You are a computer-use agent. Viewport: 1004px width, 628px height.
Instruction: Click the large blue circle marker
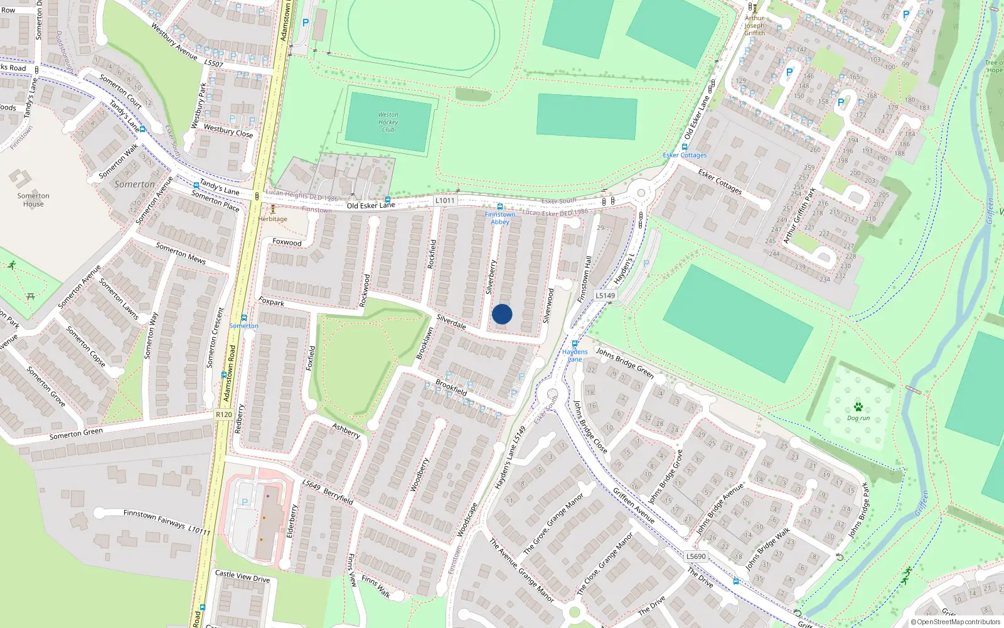click(502, 314)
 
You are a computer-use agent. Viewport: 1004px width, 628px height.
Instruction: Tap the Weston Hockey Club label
click(388, 122)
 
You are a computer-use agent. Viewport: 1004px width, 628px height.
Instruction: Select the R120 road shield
click(223, 414)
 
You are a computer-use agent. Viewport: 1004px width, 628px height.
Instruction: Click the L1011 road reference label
click(444, 200)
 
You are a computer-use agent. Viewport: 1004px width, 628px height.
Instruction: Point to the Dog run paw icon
click(858, 407)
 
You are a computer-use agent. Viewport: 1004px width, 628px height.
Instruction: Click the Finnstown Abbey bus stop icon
click(500, 207)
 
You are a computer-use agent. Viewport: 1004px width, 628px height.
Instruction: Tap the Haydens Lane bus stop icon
click(575, 344)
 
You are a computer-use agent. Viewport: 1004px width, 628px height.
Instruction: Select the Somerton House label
click(33, 200)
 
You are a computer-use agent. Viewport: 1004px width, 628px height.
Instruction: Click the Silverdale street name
click(451, 322)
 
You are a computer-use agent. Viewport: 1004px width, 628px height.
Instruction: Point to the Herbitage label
click(272, 219)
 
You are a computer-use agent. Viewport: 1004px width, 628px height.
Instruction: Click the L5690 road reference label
click(696, 556)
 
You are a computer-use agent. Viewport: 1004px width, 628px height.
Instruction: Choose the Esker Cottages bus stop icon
click(685, 147)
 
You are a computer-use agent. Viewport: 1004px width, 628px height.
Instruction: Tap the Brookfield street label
click(451, 386)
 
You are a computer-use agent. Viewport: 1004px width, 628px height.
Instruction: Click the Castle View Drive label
click(242, 576)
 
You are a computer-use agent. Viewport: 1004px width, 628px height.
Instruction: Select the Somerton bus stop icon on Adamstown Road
click(244, 318)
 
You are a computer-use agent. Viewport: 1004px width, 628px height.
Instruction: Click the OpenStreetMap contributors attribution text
click(956, 622)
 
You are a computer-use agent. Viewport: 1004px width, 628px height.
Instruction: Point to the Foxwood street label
click(287, 242)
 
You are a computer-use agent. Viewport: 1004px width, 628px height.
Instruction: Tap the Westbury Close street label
click(228, 131)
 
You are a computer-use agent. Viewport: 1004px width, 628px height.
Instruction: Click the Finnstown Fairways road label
click(154, 518)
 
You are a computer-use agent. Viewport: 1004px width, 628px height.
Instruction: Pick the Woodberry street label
click(419, 474)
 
